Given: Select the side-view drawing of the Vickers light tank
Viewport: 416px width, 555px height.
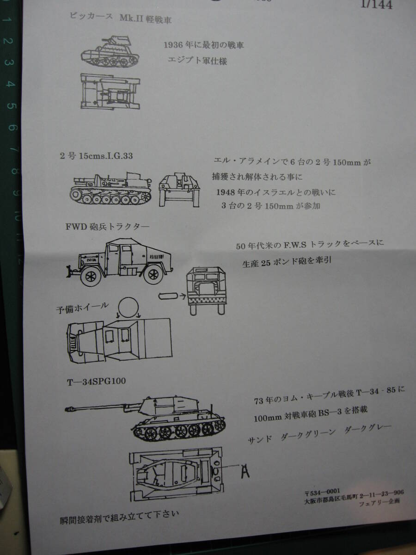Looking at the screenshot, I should click(x=111, y=50).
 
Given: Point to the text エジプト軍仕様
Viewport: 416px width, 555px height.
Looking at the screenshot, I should click(x=197, y=61).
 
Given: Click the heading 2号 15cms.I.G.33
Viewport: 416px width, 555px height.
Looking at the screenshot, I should click(x=99, y=156).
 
